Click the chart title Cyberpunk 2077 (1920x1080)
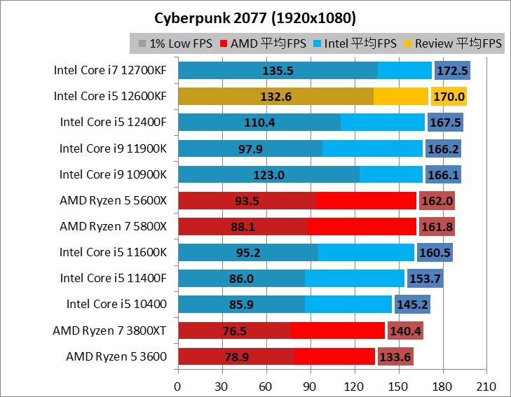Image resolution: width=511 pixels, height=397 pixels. [x=255, y=16]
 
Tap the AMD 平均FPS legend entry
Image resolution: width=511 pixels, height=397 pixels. [x=263, y=43]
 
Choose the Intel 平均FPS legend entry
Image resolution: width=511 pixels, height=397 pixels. [x=354, y=43]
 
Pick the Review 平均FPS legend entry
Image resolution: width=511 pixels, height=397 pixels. [x=452, y=43]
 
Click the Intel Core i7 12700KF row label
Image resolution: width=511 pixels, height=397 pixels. [x=110, y=70]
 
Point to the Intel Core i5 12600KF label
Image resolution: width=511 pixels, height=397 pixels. [x=110, y=96]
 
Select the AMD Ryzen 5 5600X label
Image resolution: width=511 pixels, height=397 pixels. [x=113, y=200]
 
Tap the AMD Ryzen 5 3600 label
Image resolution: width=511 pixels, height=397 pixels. [x=116, y=356]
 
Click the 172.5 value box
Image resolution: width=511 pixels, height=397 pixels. [x=452, y=71]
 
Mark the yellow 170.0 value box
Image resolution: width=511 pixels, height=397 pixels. [x=449, y=97]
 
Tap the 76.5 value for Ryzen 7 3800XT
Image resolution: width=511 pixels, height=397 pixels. [x=234, y=330]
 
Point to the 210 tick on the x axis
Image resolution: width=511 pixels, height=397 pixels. [x=486, y=386]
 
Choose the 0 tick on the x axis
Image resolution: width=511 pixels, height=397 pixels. [x=178, y=386]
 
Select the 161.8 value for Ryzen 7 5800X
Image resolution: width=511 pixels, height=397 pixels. [x=437, y=227]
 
